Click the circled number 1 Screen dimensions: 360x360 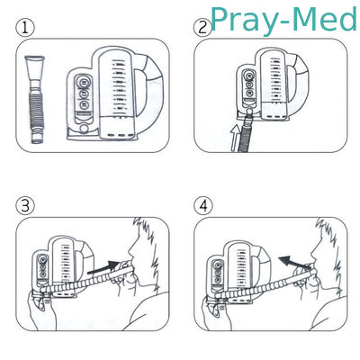point(25,28)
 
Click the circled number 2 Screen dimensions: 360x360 point(202,28)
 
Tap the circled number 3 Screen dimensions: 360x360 point(25,206)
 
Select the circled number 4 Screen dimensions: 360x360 point(203,206)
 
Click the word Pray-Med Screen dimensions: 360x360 point(283,20)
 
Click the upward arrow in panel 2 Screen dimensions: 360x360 point(236,138)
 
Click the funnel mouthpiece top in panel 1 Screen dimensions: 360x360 point(35,67)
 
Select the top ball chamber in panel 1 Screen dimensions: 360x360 point(84,81)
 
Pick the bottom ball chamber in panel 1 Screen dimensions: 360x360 point(84,105)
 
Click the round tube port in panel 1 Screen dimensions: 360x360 point(84,129)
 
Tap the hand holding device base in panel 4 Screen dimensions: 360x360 point(216,312)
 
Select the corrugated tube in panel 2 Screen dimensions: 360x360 point(246,135)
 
